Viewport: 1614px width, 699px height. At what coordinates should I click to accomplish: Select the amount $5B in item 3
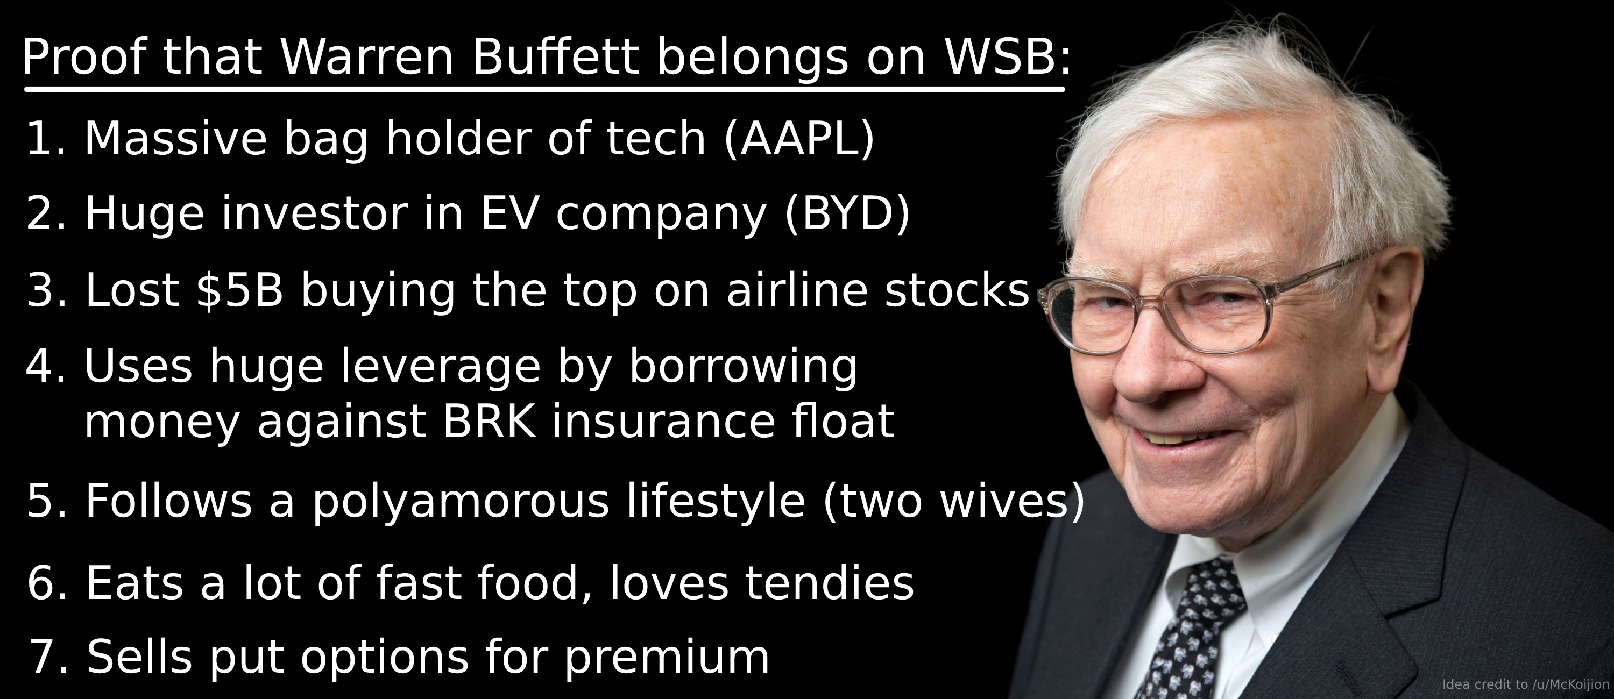pos(239,289)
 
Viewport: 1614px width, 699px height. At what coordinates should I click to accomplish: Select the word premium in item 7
pos(667,658)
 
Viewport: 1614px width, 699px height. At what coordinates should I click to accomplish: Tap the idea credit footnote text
pos(1526,684)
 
